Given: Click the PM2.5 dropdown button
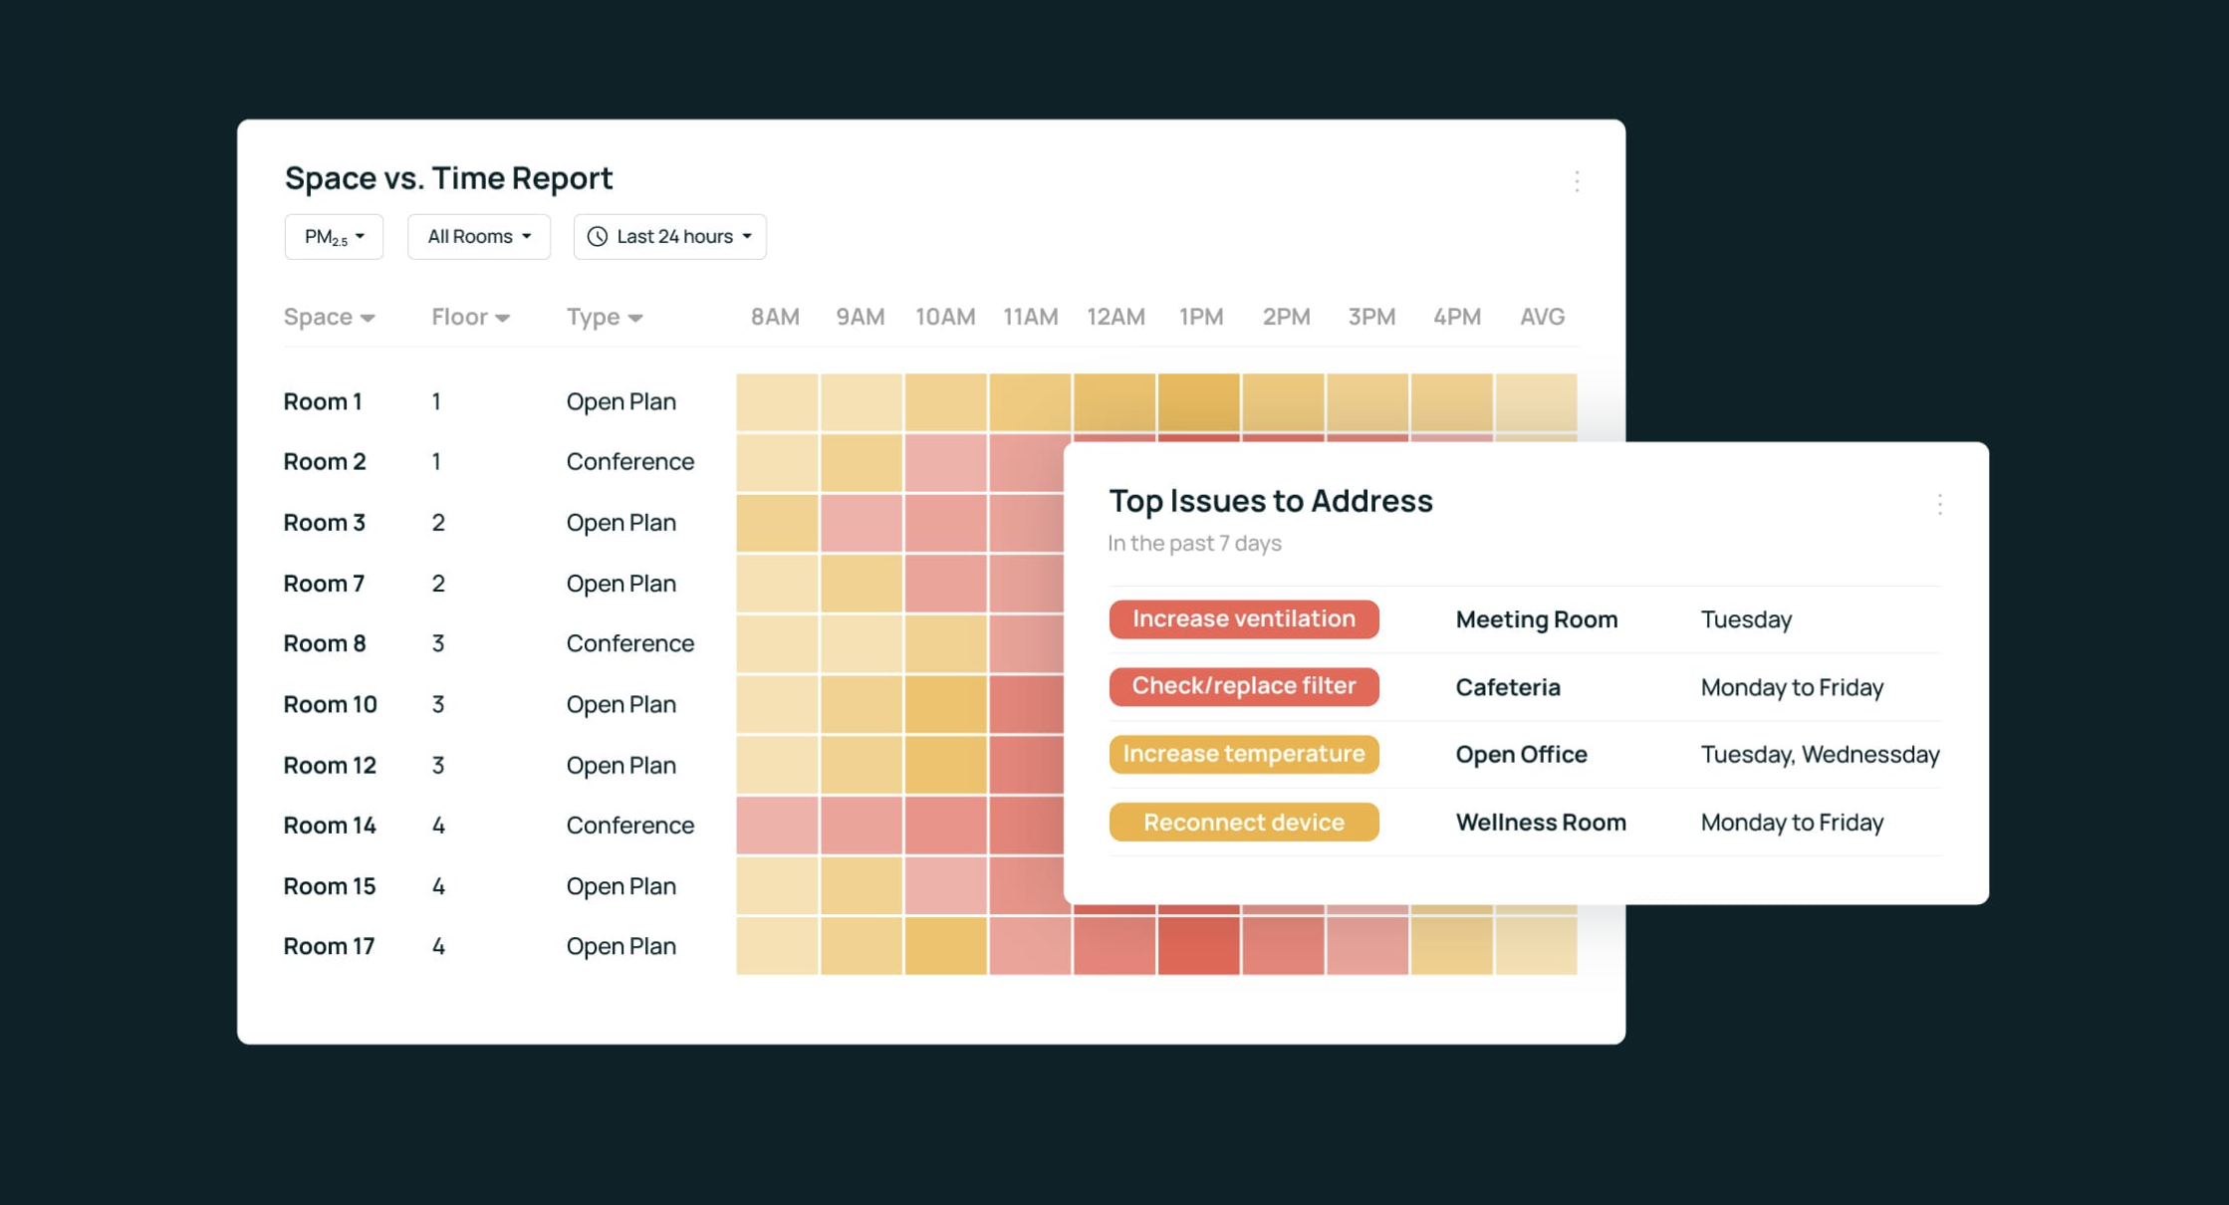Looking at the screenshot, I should [334, 237].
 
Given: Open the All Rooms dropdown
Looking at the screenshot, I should [478, 237].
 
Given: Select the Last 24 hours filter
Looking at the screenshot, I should [669, 237].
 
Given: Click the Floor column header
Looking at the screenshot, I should [470, 317].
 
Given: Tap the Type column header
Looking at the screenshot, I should [604, 317].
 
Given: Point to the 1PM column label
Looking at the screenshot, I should [1200, 317].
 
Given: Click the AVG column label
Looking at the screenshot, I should [1541, 317].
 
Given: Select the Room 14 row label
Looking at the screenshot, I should [330, 826].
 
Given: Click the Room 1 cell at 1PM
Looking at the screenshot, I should [1198, 401].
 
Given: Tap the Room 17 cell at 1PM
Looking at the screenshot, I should [1198, 945].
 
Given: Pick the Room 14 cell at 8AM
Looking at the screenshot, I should [777, 826].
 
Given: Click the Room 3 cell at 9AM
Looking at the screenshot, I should [862, 523].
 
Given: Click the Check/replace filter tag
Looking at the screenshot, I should [1243, 686].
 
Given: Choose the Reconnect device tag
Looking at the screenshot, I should [1243, 823].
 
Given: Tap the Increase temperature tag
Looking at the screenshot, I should [1243, 754].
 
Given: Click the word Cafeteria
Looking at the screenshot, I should [1507, 687].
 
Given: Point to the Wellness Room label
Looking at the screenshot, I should [1540, 823].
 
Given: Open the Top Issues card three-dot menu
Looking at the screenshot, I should [1939, 504].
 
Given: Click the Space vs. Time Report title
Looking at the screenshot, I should [448, 178].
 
